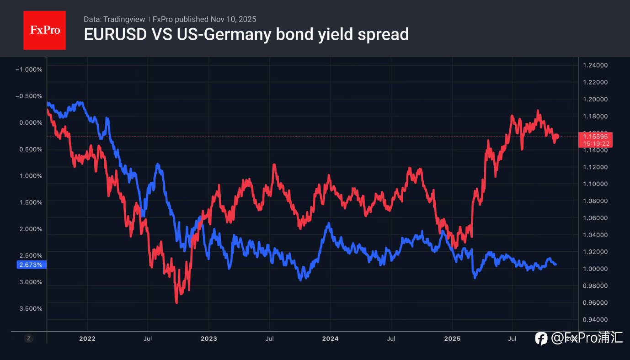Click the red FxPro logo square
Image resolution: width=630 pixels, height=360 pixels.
point(44,30)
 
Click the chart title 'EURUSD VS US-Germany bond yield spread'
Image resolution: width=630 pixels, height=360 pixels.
point(246,34)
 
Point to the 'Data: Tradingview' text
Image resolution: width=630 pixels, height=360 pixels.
point(114,19)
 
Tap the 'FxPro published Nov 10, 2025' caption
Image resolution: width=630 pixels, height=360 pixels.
point(204,19)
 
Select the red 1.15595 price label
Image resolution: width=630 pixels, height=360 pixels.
point(595,136)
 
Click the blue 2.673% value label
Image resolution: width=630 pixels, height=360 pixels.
point(31,265)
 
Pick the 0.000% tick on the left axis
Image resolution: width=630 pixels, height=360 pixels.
point(32,122)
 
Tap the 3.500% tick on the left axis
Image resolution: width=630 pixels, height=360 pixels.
point(32,308)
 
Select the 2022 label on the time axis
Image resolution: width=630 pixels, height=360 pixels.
point(87,339)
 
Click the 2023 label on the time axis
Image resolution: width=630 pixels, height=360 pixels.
point(209,339)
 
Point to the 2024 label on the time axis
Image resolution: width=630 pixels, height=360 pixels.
point(330,339)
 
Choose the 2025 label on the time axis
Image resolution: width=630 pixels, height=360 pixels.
point(452,339)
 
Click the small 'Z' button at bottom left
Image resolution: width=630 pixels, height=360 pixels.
point(29,339)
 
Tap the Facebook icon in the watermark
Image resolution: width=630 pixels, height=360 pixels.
point(541,339)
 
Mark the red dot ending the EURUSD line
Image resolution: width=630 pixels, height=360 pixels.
point(556,136)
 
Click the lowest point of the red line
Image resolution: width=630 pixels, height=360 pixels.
point(176,302)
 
